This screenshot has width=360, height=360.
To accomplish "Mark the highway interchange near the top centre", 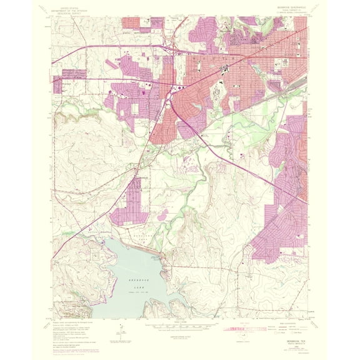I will (x=167, y=49).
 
